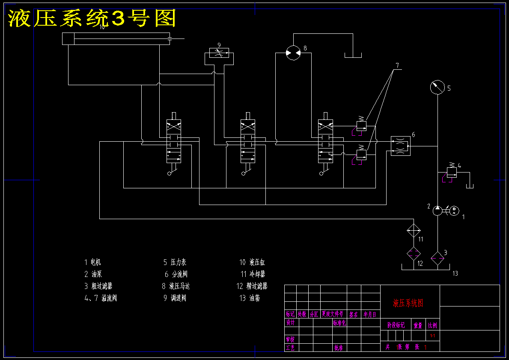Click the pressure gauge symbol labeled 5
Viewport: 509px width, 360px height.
pos(438,87)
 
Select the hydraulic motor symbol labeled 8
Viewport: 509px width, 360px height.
pos(293,53)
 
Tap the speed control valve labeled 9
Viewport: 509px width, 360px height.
pos(219,54)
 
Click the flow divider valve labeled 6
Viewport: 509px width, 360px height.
pos(400,146)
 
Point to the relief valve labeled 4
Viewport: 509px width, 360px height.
pos(451,172)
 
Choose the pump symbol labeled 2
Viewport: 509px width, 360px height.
pos(437,210)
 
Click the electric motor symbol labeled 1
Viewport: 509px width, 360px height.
pos(454,210)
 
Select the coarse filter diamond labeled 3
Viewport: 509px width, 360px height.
pos(437,259)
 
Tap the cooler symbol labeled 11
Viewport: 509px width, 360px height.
pos(414,231)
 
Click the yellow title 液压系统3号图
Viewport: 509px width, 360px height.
pos(92,18)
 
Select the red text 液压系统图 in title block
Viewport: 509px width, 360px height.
pos(408,303)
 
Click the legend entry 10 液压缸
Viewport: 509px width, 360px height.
pos(252,262)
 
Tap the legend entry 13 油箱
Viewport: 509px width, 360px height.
pos(249,298)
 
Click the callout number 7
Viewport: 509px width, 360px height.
pos(397,65)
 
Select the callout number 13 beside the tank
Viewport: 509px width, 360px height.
pos(455,273)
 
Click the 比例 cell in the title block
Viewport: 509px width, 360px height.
pos(432,326)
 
